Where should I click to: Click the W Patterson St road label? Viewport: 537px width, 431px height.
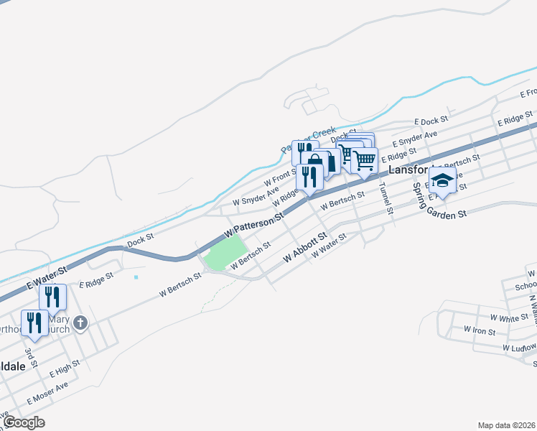tap(254, 225)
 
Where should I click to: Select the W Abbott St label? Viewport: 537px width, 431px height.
tap(305, 246)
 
